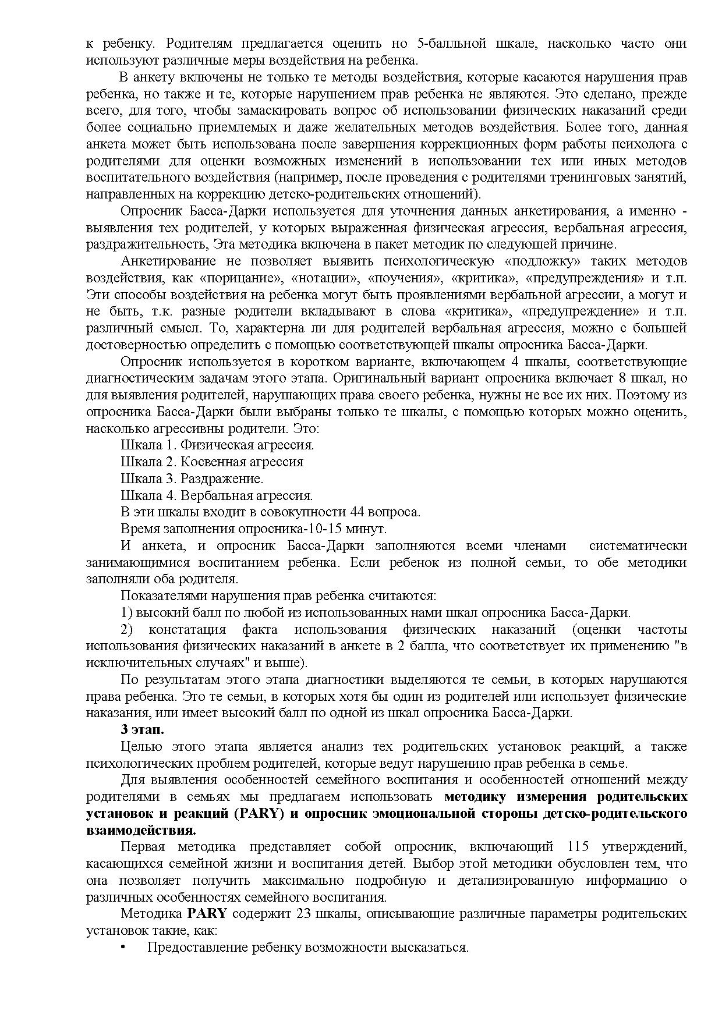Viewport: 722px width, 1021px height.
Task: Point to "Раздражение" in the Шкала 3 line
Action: (x=221, y=479)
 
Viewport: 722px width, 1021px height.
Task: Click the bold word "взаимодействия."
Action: (x=141, y=830)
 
